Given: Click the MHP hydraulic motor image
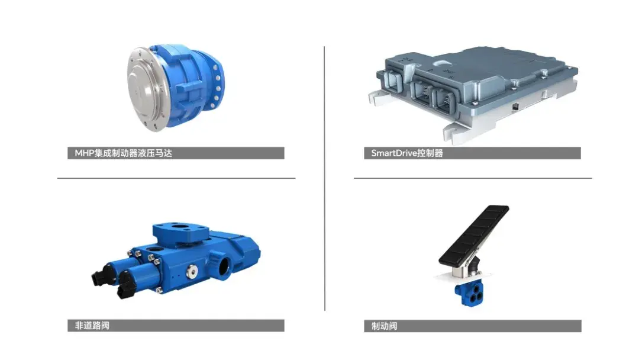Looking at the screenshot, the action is click(176, 87).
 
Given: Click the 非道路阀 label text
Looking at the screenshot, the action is click(92, 326).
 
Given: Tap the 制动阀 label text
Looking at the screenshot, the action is click(384, 326).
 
